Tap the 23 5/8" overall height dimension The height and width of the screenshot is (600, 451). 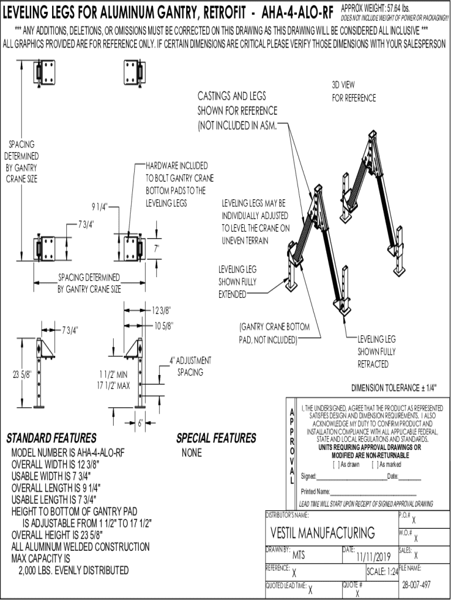coord(22,375)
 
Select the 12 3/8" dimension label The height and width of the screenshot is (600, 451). coord(162,309)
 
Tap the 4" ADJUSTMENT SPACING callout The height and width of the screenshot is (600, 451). coord(190,366)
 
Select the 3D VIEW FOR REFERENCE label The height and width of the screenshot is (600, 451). coord(353,91)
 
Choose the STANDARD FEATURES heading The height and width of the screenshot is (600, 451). coord(51,438)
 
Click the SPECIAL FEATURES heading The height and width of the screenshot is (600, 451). coord(216,438)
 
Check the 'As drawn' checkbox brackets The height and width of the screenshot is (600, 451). coord(335,465)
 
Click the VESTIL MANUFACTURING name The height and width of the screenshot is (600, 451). coord(323,533)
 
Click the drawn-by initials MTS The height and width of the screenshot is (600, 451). coord(299,554)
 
